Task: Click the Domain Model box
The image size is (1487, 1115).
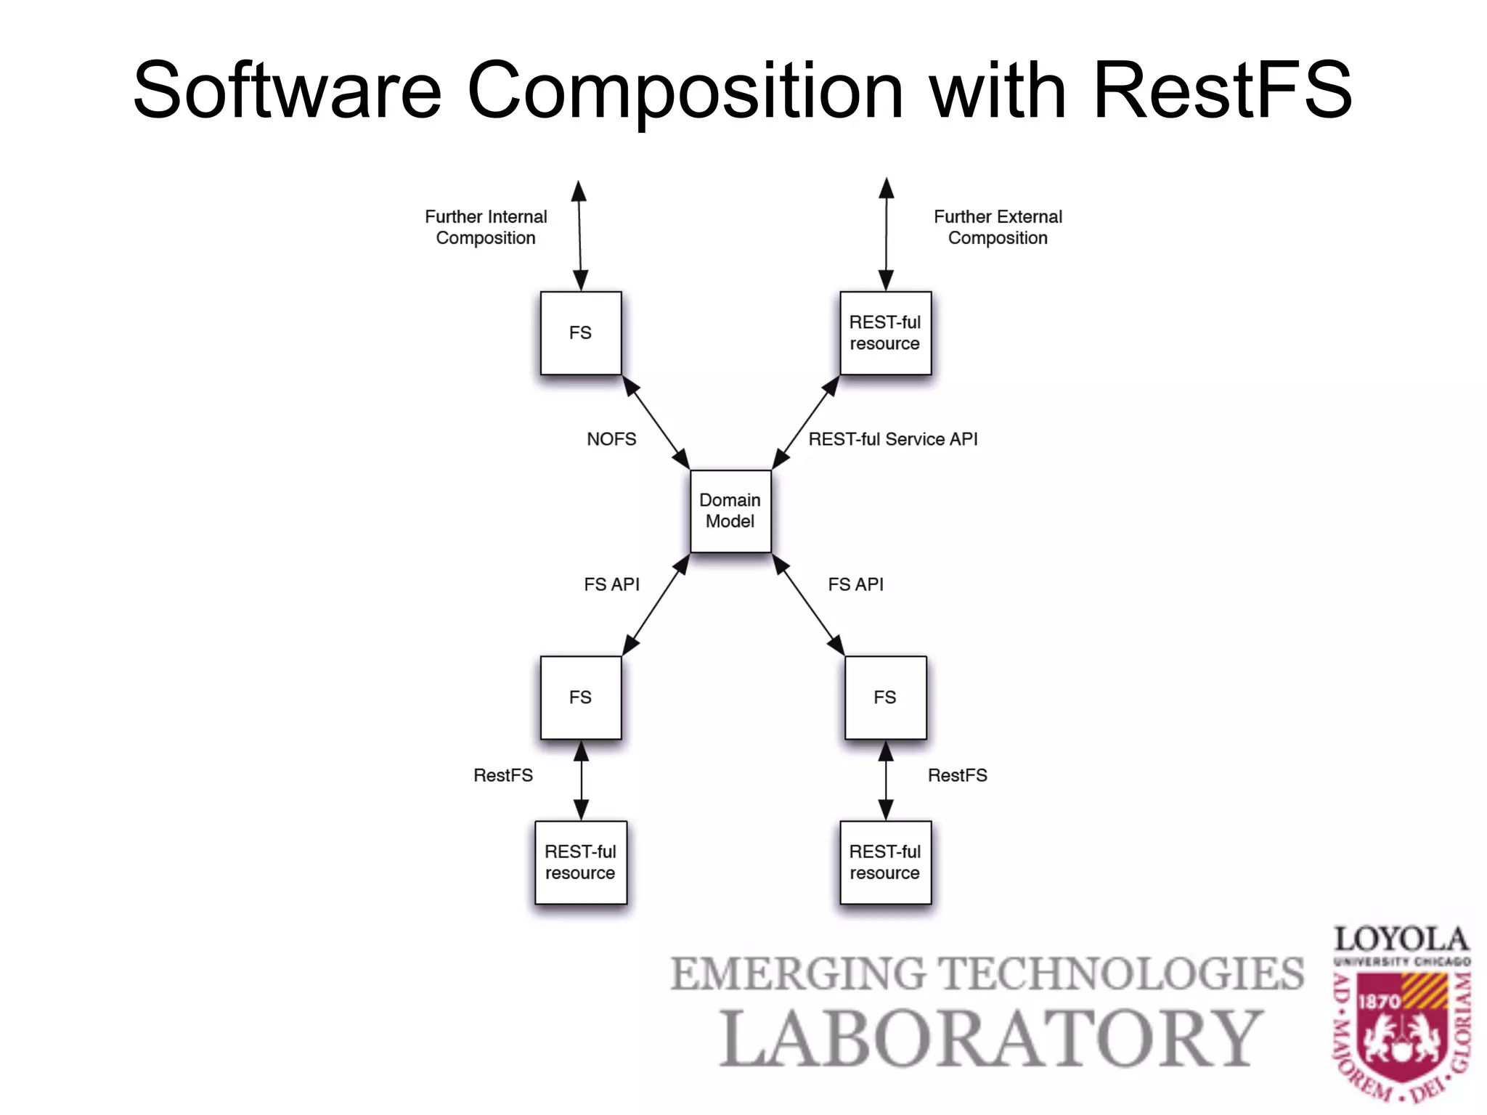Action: [730, 511]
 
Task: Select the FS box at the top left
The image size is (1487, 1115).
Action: [580, 333]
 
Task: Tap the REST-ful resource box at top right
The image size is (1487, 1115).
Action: [884, 333]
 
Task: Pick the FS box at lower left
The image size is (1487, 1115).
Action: [580, 698]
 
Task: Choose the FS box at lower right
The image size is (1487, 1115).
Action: [884, 698]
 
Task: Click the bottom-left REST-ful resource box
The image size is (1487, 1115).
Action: [580, 862]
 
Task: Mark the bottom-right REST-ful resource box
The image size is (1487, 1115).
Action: [884, 862]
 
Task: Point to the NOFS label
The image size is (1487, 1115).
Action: [611, 439]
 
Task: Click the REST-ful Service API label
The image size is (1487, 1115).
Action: [892, 439]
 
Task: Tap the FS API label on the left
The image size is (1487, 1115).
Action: [611, 584]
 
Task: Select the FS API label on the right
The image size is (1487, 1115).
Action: [855, 584]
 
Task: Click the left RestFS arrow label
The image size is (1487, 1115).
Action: [502, 775]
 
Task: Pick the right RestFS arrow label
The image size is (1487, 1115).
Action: [957, 775]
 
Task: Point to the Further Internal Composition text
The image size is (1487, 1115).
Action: [486, 227]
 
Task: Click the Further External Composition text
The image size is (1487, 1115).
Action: [998, 227]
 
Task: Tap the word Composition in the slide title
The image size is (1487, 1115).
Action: [685, 91]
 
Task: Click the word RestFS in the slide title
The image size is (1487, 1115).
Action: [1222, 91]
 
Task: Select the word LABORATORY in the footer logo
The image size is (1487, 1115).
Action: [990, 1039]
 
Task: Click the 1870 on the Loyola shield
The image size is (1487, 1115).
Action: [1379, 1002]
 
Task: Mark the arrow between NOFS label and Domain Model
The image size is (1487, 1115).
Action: [656, 422]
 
